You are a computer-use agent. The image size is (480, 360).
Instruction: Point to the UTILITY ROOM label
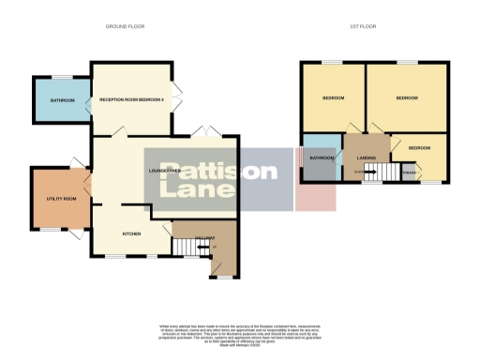click(x=61, y=199)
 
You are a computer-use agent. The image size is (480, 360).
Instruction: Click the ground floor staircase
click(x=187, y=248)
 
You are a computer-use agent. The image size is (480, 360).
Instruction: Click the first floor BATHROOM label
click(x=322, y=157)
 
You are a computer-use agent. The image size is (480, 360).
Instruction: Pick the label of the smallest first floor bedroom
click(x=419, y=148)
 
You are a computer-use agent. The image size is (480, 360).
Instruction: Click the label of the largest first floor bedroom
click(x=406, y=97)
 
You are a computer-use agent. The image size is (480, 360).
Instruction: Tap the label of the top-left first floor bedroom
click(x=334, y=97)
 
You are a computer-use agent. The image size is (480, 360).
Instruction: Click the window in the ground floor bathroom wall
click(x=62, y=76)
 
